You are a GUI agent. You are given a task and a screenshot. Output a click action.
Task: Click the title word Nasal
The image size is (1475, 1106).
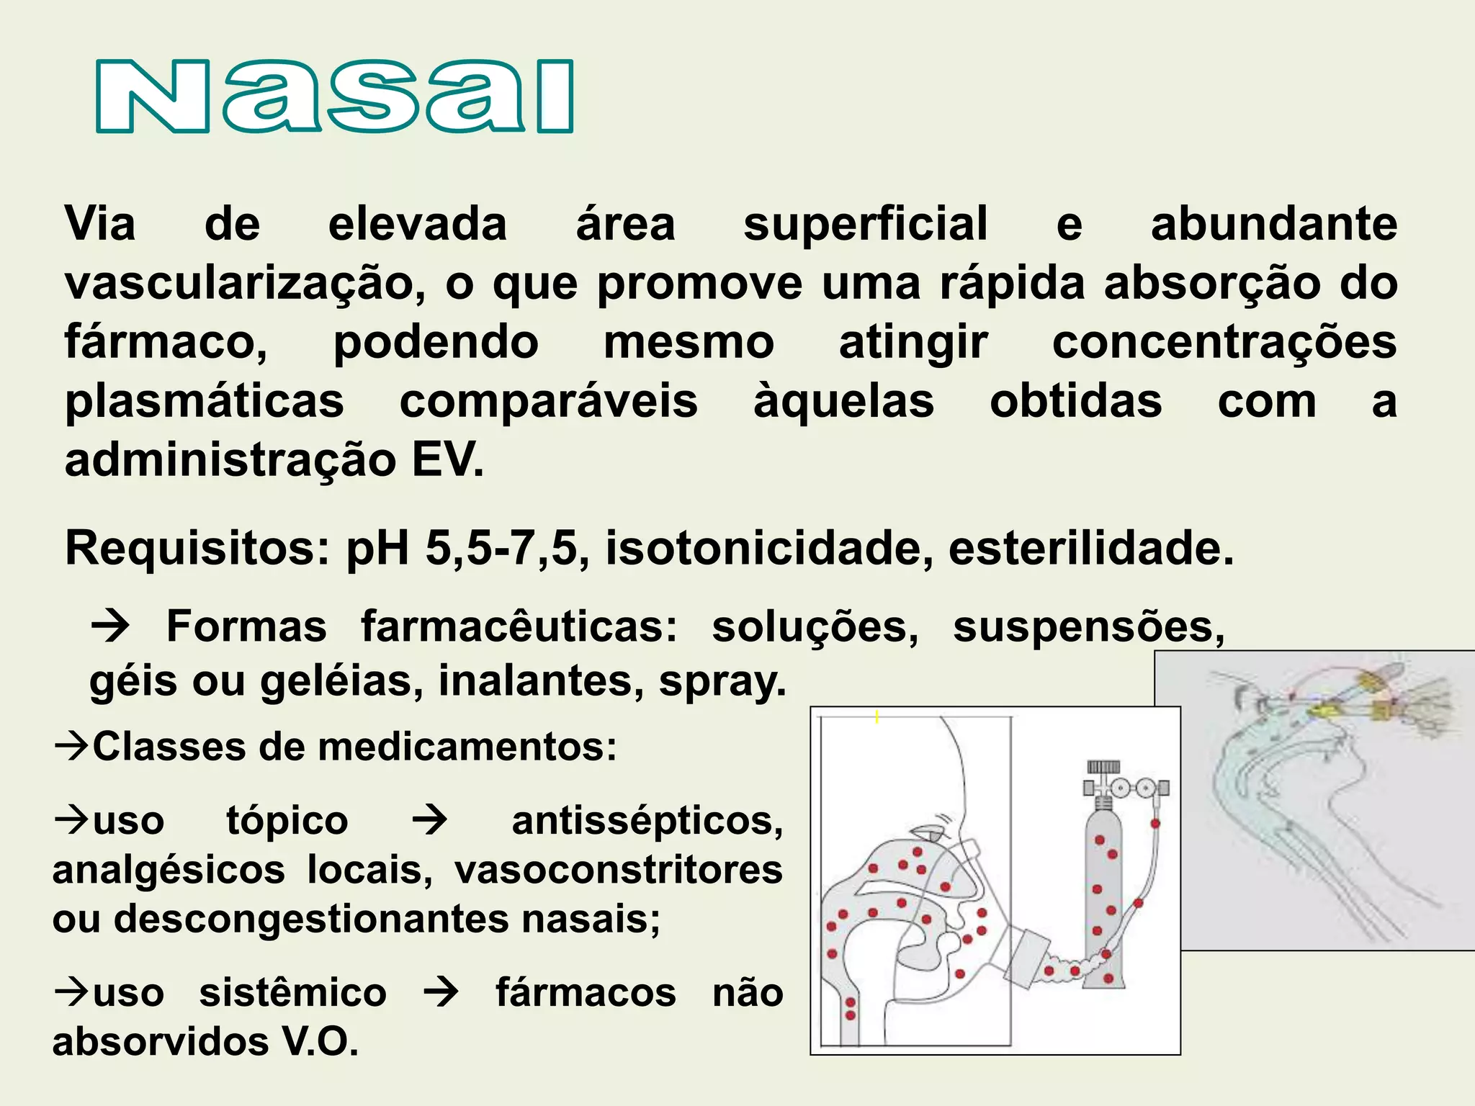[335, 96]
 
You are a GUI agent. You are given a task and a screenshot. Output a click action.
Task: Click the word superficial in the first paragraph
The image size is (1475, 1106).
[865, 224]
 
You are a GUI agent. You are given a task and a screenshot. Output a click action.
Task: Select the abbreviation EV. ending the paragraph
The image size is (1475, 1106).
[447, 460]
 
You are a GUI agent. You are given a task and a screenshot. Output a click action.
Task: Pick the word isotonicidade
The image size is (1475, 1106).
[763, 549]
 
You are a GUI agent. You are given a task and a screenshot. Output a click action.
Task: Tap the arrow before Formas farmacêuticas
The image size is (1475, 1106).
[110, 626]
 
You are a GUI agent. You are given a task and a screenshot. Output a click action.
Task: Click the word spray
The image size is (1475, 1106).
[722, 680]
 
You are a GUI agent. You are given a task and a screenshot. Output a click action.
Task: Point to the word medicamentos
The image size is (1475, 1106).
[467, 747]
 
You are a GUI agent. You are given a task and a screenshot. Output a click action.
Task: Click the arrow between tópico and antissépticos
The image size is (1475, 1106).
[430, 821]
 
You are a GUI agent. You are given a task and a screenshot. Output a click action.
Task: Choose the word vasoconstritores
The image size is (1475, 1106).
[618, 870]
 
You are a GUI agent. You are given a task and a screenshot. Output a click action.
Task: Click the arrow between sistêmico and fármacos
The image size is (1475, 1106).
[441, 993]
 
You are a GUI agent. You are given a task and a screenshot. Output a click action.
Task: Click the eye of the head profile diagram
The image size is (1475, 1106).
[934, 835]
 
